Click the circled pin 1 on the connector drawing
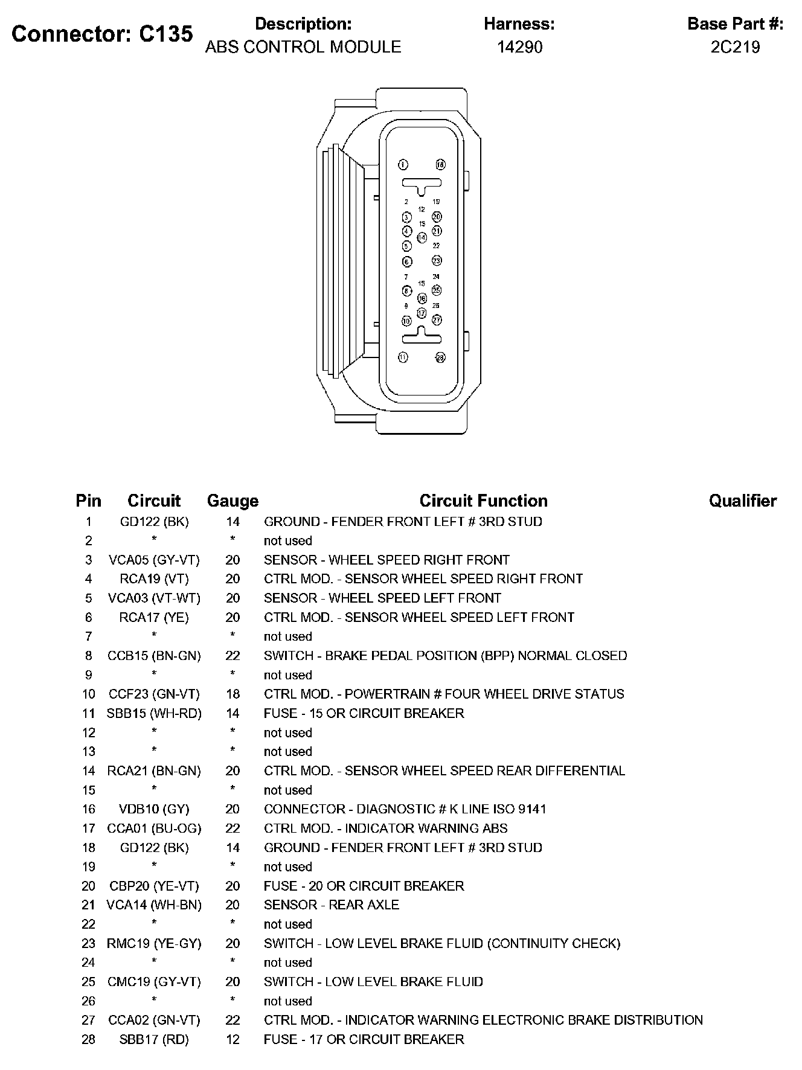[403, 165]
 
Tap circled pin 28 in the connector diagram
[440, 357]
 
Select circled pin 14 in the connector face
[422, 237]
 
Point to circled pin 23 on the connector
[437, 261]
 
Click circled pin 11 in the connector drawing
[403, 357]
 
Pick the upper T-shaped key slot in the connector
[421, 184]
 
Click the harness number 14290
[519, 47]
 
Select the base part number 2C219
[735, 47]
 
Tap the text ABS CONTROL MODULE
[303, 47]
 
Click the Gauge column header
[233, 501]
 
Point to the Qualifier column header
[742, 501]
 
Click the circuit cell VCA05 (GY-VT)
[154, 560]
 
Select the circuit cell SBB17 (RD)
[154, 1039]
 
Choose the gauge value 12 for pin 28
[233, 1039]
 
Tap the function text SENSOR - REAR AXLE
[332, 905]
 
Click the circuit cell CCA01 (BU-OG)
[154, 828]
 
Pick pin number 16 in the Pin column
[89, 809]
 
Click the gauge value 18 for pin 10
[233, 694]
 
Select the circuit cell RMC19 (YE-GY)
[154, 943]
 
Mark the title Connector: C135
[102, 34]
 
